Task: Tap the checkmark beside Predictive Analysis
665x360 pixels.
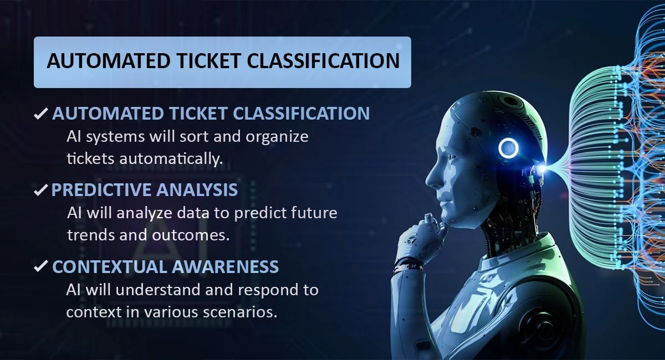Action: coord(40,191)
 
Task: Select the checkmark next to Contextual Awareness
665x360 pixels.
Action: coord(40,267)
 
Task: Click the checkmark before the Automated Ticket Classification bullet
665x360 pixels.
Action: coord(40,114)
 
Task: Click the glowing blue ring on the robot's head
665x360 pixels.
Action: coord(508,148)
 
